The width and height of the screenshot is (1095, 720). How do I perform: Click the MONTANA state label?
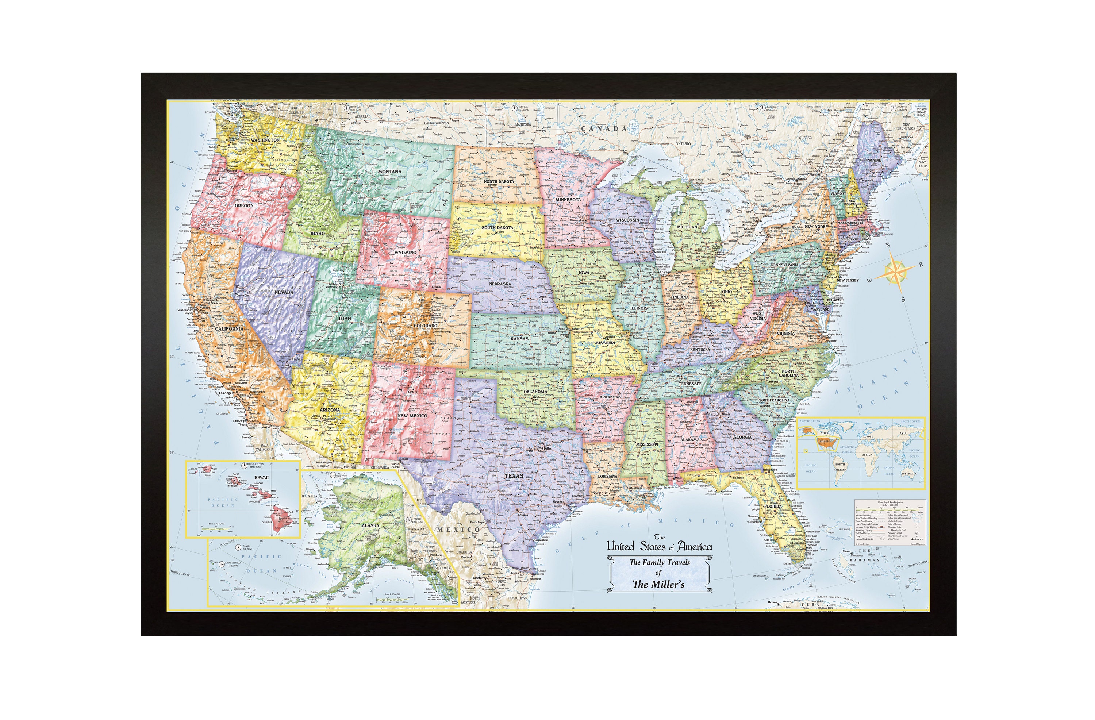point(390,172)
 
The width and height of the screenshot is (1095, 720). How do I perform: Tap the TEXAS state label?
point(514,476)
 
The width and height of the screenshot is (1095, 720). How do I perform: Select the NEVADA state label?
point(284,292)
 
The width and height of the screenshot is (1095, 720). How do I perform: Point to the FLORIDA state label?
point(773,507)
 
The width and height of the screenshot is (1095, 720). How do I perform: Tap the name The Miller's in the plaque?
point(658,585)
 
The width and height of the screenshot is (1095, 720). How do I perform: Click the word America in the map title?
point(695,547)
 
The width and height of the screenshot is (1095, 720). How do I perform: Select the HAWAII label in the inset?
point(261,478)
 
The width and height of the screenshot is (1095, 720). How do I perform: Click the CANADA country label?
point(604,129)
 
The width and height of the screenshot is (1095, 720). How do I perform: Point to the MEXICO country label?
point(458,530)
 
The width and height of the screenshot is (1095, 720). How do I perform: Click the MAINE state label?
point(875,161)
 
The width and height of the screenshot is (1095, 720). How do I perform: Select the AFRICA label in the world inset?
point(867,455)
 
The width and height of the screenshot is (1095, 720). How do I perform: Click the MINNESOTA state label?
point(568,200)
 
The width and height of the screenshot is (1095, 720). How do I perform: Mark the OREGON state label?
point(244,206)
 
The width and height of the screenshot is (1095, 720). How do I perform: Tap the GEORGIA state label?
point(742,437)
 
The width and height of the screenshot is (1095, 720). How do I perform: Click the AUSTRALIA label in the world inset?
point(908,473)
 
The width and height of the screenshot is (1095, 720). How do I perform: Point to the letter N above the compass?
point(888,245)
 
